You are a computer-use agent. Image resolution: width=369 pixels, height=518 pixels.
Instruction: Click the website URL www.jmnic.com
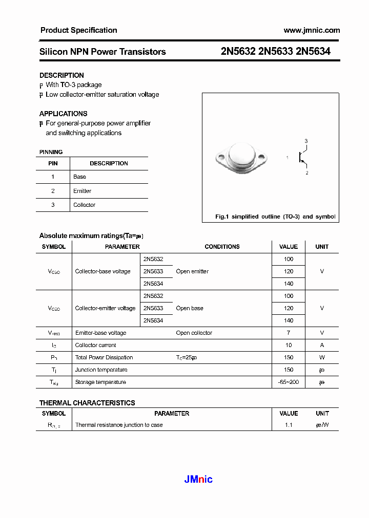(x=312, y=30)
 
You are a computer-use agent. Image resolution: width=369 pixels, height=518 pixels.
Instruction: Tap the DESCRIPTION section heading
(x=61, y=75)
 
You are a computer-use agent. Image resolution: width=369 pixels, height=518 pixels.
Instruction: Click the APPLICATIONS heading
(x=63, y=114)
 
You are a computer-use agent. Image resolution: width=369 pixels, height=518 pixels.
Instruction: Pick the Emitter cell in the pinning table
(x=82, y=191)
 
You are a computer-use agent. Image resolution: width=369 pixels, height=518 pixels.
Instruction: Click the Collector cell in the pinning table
(x=84, y=205)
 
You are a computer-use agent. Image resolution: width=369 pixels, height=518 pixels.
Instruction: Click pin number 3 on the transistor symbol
(x=306, y=141)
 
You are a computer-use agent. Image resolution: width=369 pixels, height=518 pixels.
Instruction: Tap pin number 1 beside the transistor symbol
(x=288, y=158)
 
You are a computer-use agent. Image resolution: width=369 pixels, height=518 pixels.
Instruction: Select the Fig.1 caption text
(x=275, y=217)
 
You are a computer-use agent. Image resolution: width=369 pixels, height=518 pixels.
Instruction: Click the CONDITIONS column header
(x=222, y=247)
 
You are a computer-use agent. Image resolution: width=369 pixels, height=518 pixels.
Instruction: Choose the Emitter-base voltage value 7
(x=289, y=333)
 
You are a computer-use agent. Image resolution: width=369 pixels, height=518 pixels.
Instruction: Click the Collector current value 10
(x=289, y=345)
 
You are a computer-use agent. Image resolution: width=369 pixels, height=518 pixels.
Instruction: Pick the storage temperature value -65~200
(x=289, y=382)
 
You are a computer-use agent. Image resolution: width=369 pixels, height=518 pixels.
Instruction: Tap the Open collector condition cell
(x=194, y=333)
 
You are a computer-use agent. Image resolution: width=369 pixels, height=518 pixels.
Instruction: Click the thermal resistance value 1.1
(x=289, y=425)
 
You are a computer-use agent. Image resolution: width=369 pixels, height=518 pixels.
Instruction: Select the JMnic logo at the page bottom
(x=198, y=479)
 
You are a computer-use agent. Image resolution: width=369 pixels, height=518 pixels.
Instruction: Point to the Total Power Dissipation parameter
(x=104, y=357)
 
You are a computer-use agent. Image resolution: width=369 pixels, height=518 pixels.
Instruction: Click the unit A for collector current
(x=322, y=345)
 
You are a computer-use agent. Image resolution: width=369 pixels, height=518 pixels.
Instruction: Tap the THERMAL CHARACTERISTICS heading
(x=87, y=403)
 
